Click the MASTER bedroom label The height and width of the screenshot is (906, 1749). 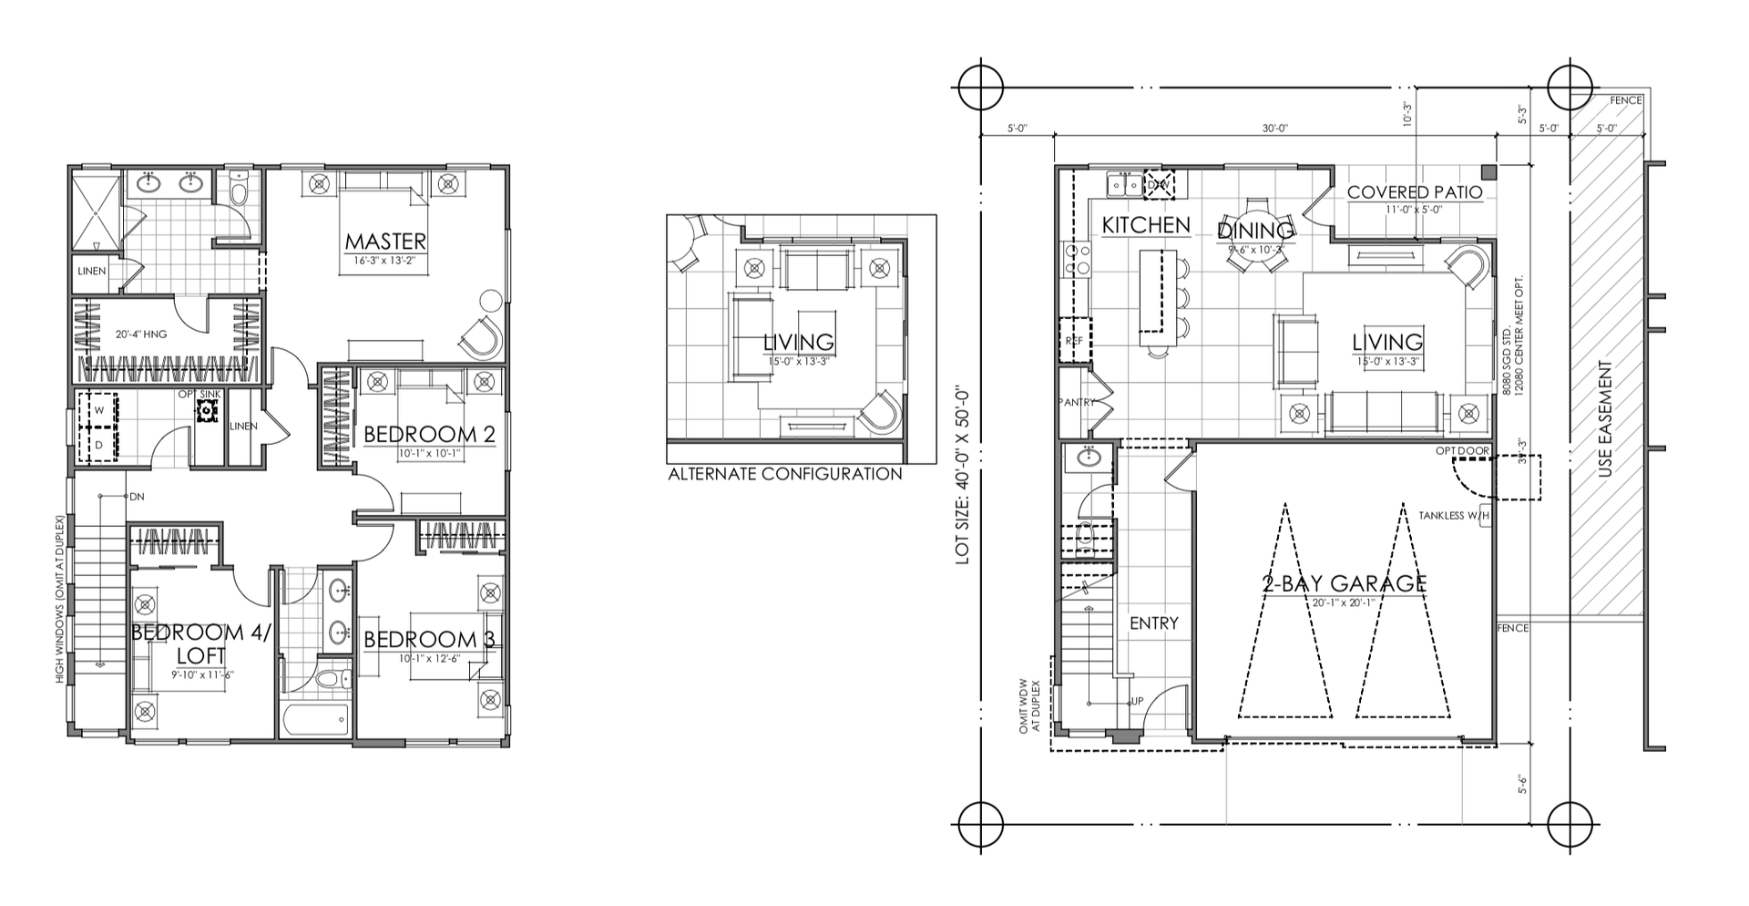click(384, 242)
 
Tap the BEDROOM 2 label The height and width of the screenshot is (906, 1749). click(428, 435)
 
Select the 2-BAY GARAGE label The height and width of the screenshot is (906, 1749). click(1344, 583)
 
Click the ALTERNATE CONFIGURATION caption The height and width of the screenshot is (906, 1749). click(784, 474)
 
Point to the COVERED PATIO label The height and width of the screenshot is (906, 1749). click(1414, 192)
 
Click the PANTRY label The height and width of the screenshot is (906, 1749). click(1076, 402)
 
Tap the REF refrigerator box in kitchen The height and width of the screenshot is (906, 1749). click(1074, 340)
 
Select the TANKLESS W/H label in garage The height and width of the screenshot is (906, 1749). click(1453, 516)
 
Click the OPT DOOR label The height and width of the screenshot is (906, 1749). click(1462, 451)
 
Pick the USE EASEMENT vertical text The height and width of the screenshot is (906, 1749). click(1605, 420)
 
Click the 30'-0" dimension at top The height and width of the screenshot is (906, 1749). click(1274, 129)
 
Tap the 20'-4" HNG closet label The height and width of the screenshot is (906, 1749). click(140, 335)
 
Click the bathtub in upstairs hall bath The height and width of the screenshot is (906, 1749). click(315, 721)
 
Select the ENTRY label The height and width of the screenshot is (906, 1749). click(1153, 623)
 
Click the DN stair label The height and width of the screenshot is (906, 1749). click(137, 497)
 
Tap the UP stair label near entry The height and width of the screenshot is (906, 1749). click(1137, 701)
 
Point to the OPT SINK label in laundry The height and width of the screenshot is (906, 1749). click(199, 394)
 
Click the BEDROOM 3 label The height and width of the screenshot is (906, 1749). click(428, 640)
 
